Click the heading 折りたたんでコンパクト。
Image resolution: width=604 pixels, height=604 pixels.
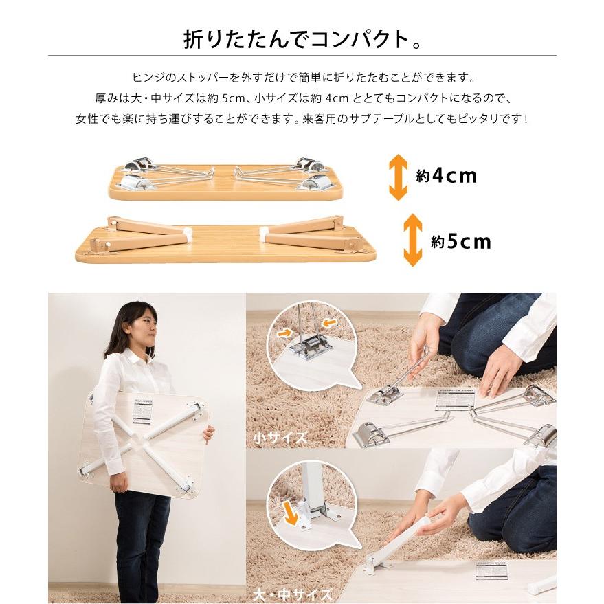(302, 39)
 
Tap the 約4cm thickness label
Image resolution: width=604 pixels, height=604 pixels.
(446, 177)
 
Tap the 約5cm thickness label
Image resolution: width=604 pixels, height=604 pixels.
(460, 241)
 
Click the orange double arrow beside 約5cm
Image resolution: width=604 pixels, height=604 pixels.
(412, 240)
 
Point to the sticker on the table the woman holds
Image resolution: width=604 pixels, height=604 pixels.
(142, 410)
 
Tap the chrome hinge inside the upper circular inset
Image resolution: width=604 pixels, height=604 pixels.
(309, 346)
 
